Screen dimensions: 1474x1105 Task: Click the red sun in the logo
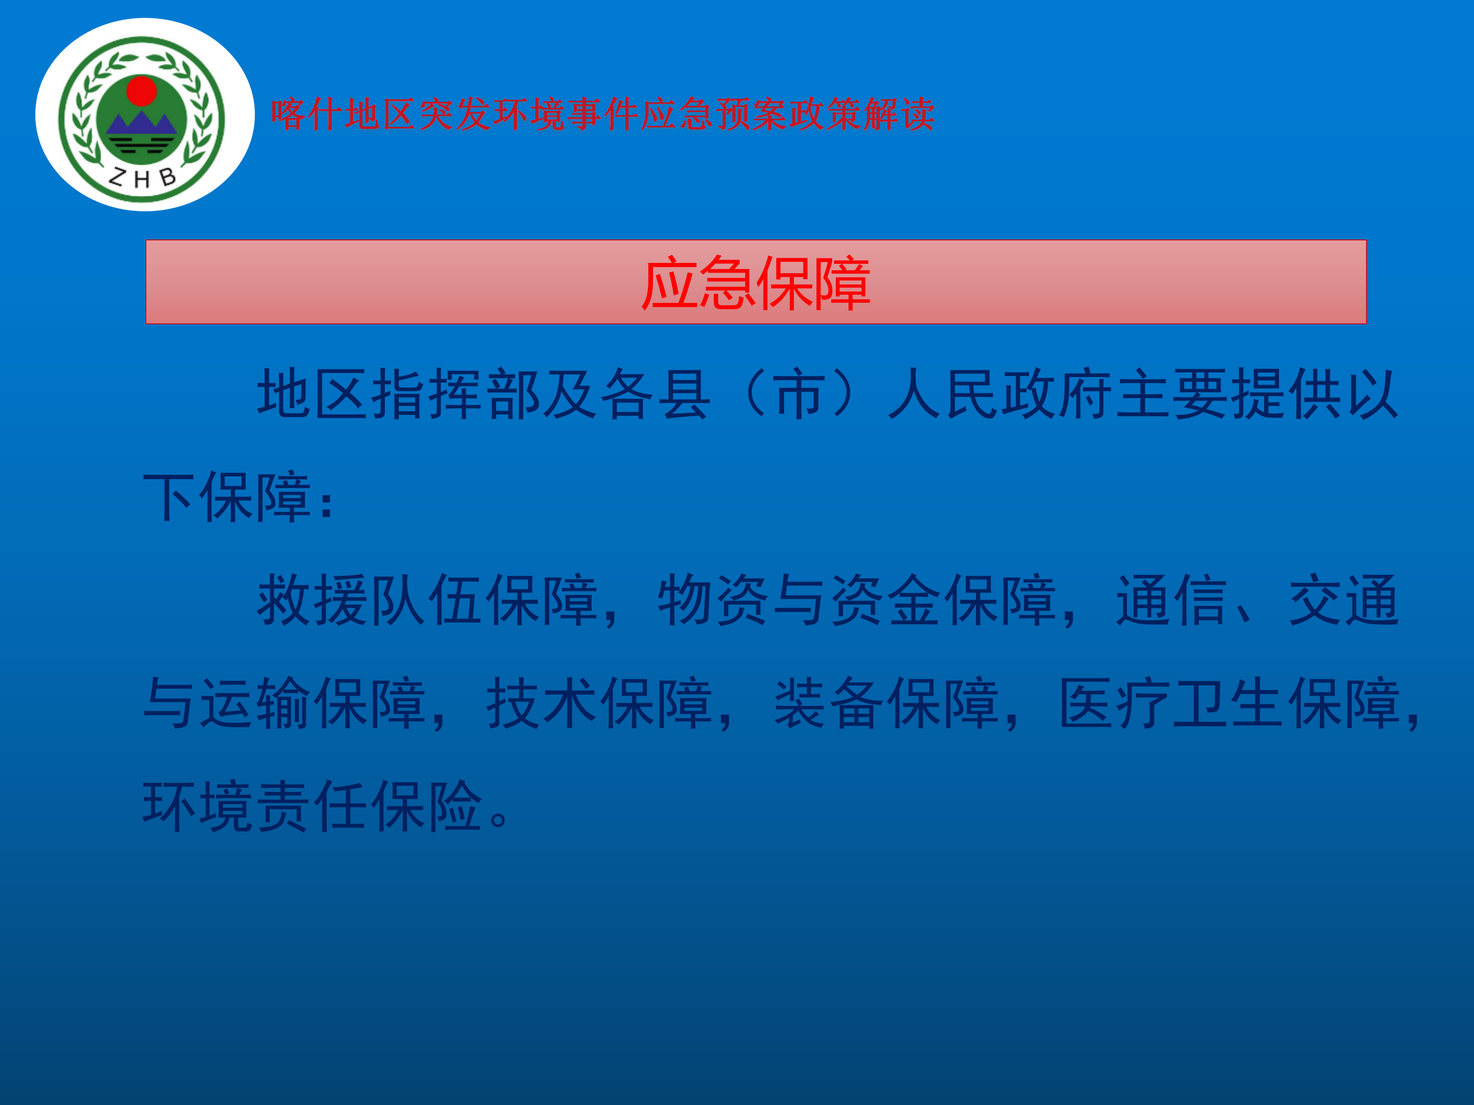coord(141,91)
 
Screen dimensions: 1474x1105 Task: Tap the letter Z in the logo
coord(117,176)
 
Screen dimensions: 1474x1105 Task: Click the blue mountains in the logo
coord(141,124)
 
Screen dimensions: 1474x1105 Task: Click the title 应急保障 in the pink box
coord(755,283)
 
